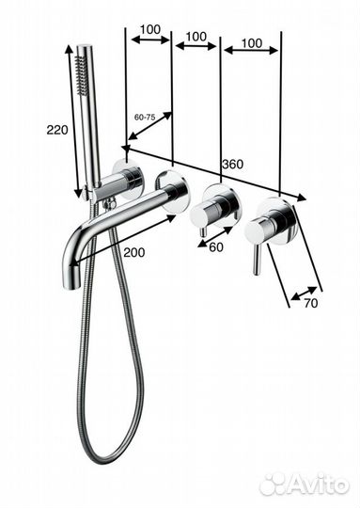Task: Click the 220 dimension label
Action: coord(57,130)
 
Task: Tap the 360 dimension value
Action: coord(232,165)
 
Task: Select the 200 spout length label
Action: coord(134,252)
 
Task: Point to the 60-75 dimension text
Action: coord(145,118)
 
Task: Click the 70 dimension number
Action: coord(311,303)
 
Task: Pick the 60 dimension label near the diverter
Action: coord(216,247)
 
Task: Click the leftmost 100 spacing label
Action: coord(150,29)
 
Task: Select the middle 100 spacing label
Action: coord(196,37)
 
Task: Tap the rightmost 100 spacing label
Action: coord(252,43)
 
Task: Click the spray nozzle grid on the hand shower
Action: coord(81,75)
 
